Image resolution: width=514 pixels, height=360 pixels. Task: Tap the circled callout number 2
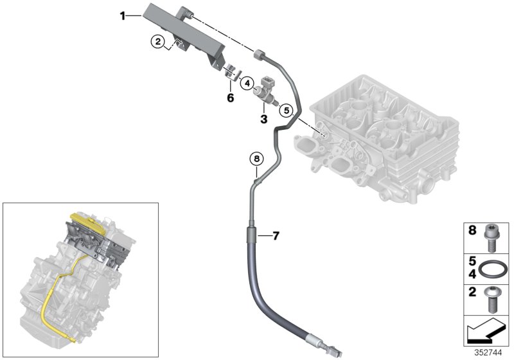157,42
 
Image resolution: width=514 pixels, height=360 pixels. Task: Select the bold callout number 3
263,119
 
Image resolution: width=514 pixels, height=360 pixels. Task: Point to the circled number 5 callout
287,110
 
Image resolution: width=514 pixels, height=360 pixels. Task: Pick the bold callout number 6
229,97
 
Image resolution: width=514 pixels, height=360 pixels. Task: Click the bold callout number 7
275,236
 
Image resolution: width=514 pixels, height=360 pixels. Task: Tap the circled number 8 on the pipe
256,158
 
